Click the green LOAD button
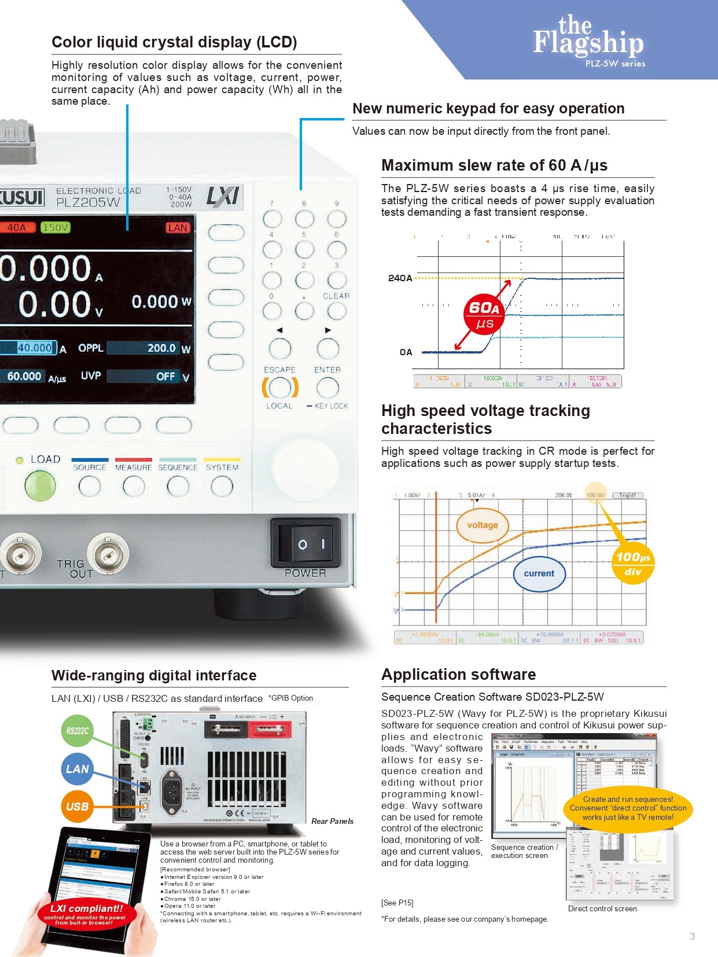tap(40, 485)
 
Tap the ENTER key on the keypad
tap(327, 387)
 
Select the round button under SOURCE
tap(89, 486)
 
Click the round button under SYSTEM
tap(222, 486)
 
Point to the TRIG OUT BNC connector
tap(108, 555)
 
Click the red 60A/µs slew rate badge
tap(484, 314)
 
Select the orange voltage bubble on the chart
tap(482, 525)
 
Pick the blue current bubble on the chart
tap(539, 573)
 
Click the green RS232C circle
tap(77, 731)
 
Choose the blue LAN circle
tap(77, 769)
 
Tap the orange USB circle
tap(77, 806)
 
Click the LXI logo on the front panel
tap(223, 197)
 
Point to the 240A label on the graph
tap(400, 278)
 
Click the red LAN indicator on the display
tap(178, 227)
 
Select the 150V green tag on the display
tap(56, 227)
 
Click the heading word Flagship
tap(588, 43)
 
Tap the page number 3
tap(692, 936)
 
